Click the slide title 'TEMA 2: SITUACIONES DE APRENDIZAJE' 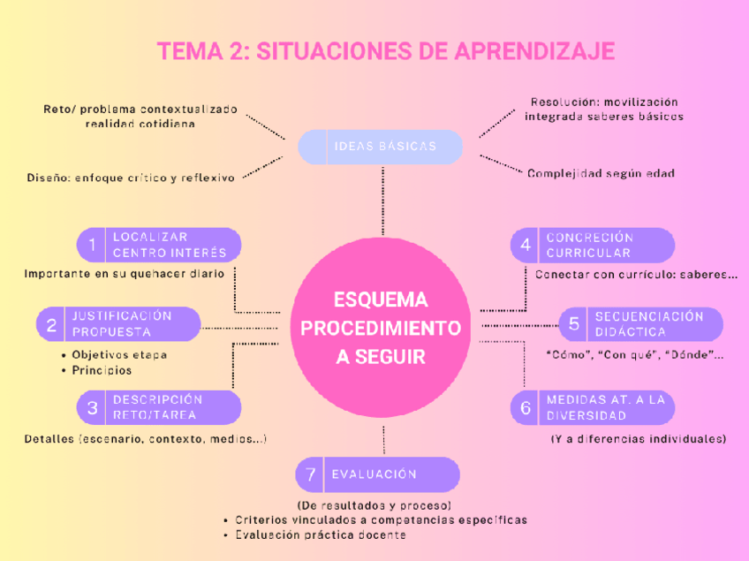(385, 51)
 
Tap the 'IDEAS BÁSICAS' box (381, 147)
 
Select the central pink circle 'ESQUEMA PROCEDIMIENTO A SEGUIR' (381, 328)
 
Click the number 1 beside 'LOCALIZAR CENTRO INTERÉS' (91, 245)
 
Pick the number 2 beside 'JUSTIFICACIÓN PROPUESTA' (51, 324)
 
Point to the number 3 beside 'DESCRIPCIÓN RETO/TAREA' (91, 407)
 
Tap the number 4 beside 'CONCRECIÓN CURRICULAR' (526, 245)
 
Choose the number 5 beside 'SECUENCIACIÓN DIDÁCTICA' (574, 324)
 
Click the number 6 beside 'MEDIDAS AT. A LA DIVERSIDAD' (526, 407)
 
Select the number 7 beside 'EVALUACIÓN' (310, 474)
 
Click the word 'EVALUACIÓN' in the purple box (374, 474)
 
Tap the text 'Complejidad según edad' (601, 174)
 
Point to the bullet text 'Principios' (102, 371)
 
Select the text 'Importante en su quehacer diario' (124, 274)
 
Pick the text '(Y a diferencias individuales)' (639, 439)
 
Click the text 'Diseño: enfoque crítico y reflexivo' (131, 178)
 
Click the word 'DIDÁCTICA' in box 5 (630, 332)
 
